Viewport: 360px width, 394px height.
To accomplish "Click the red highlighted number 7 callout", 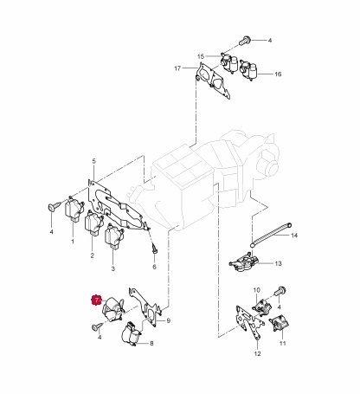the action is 96,300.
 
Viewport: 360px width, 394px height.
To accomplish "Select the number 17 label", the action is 177,68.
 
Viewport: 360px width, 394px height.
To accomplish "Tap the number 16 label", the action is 278,74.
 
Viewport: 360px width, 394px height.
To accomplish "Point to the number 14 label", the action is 294,236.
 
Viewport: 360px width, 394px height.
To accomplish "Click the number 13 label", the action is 278,263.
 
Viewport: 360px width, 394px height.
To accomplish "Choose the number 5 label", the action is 93,161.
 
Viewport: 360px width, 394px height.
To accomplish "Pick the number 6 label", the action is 154,267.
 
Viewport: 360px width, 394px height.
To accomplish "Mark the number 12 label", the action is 258,353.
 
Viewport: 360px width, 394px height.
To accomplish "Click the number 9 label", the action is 169,320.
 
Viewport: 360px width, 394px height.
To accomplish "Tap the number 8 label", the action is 151,344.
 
